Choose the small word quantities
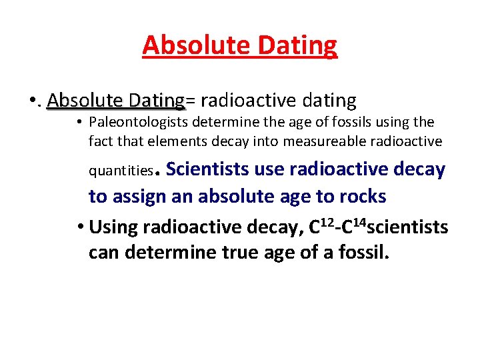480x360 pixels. [121, 171]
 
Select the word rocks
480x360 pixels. [363, 197]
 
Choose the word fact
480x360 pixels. [100, 141]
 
